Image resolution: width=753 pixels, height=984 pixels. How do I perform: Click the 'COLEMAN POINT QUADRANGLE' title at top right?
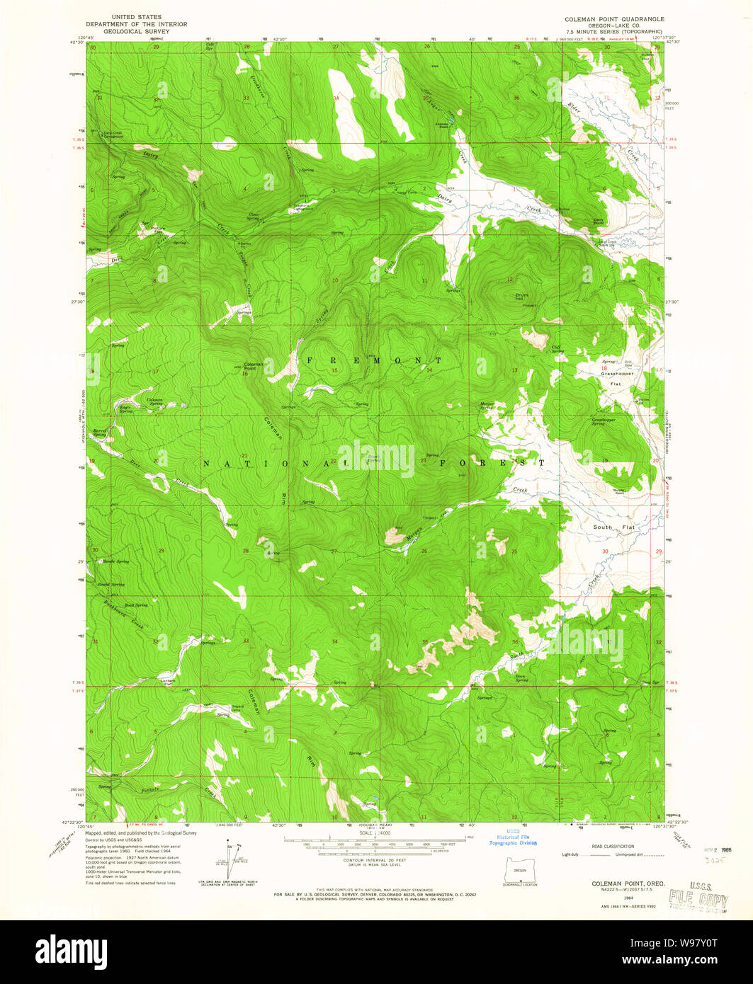click(614, 17)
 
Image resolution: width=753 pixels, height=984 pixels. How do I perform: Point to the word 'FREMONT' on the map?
click(375, 361)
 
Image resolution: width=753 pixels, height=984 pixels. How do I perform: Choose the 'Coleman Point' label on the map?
click(253, 367)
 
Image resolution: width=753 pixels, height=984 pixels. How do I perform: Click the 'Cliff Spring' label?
click(557, 348)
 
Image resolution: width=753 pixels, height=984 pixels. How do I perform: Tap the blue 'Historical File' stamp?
click(513, 837)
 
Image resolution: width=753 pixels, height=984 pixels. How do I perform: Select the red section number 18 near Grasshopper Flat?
click(604, 368)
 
